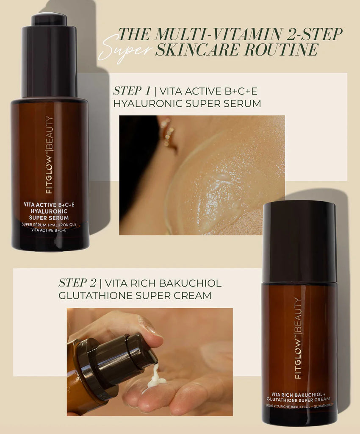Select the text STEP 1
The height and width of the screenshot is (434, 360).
pos(132,91)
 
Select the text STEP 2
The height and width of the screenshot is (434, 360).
pos(78,283)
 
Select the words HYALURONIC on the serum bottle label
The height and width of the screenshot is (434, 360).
pos(49,211)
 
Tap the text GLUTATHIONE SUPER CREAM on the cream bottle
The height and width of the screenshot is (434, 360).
pos(298,399)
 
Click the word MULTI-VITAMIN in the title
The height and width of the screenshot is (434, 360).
pos(219,34)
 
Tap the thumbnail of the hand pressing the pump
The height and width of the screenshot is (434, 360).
pos(150,362)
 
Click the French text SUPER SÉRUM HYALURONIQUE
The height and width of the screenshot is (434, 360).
pos(49,225)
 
